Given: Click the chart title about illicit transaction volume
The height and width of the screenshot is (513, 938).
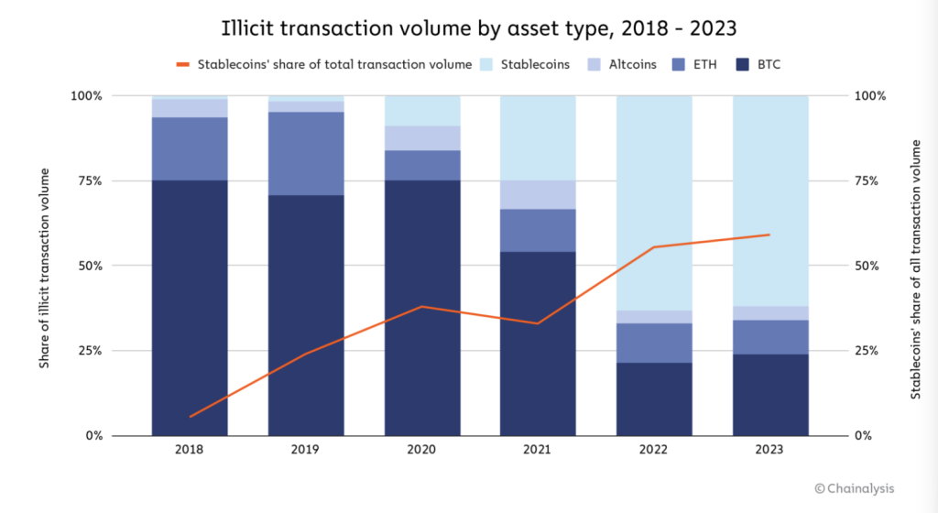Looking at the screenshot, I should tap(468, 28).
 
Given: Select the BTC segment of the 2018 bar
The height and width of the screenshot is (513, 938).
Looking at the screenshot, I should tap(190, 307).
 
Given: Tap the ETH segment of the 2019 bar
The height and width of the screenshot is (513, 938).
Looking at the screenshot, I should tap(306, 153).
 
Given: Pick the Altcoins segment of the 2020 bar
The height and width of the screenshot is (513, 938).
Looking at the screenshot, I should tap(422, 137).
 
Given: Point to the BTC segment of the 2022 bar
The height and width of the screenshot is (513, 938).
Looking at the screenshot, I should tap(654, 398).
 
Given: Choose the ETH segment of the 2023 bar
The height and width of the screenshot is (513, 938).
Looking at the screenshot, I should tap(770, 336).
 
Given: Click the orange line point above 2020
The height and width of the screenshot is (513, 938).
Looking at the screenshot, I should tap(422, 306).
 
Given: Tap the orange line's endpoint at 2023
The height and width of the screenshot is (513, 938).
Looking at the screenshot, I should tap(769, 235).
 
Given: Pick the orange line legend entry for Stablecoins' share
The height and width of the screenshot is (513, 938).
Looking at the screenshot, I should tap(324, 64).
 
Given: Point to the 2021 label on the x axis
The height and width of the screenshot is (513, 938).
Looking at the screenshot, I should tap(538, 450).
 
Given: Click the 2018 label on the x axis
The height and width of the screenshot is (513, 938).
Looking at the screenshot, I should tap(190, 450).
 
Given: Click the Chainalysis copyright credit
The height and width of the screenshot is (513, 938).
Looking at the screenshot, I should tap(854, 489).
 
